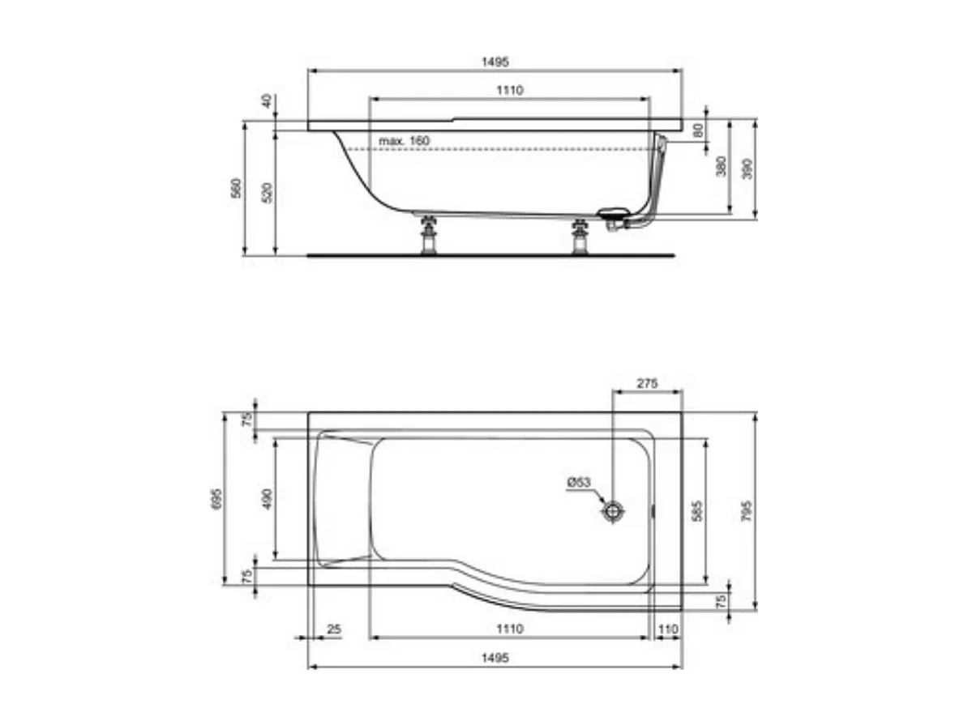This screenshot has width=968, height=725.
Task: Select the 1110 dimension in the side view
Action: [x=510, y=90]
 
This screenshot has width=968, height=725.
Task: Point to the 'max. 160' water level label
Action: [x=404, y=141]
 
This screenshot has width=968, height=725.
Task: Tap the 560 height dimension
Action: [x=236, y=189]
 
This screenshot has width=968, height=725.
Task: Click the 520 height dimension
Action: [x=269, y=192]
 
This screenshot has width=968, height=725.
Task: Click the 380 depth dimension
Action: [x=720, y=167]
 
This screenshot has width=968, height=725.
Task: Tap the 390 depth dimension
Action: [x=748, y=168]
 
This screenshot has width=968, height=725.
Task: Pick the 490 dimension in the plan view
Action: [x=268, y=498]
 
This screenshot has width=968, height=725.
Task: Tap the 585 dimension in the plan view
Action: [x=698, y=510]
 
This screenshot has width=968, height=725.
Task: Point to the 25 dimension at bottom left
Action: [x=332, y=629]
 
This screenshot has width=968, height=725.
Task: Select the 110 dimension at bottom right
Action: [x=668, y=629]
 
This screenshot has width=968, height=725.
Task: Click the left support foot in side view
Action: [x=428, y=237]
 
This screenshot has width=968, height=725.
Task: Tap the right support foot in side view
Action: [x=580, y=237]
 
